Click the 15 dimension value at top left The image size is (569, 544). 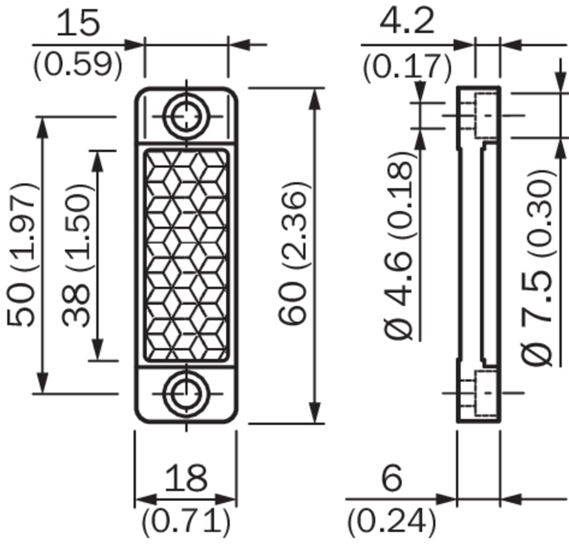[x=77, y=23]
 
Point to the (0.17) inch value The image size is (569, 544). [x=407, y=67]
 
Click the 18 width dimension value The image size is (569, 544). [x=186, y=477]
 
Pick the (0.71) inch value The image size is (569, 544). [x=186, y=521]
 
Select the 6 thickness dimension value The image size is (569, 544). [x=392, y=477]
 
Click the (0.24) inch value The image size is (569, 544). [x=392, y=521]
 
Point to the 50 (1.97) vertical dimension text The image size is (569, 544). [x=22, y=255]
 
